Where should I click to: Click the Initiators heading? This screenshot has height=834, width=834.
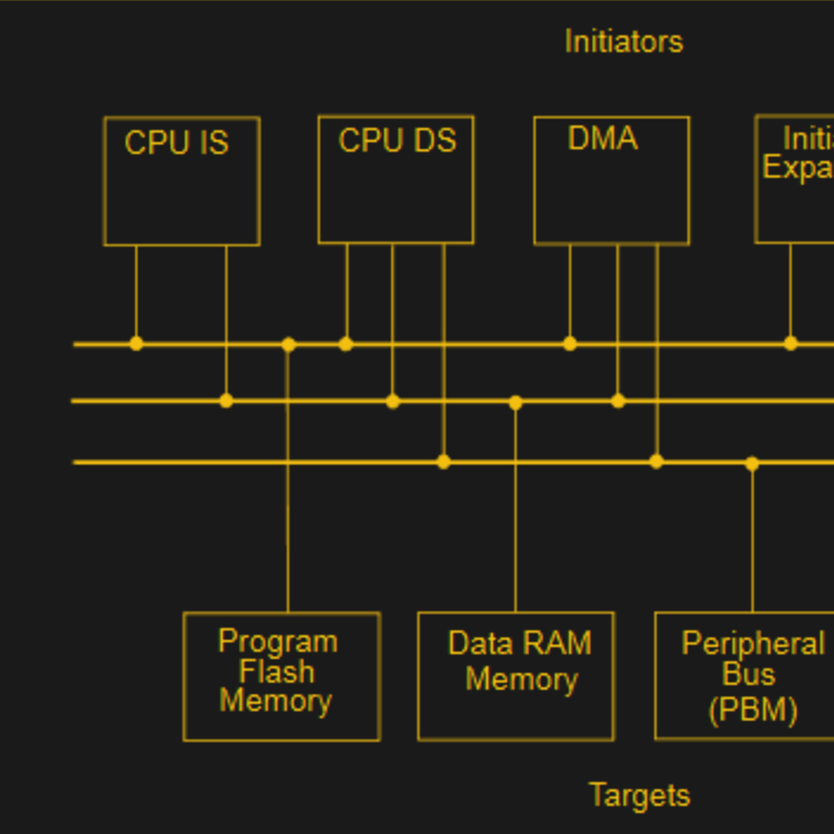pyautogui.click(x=623, y=42)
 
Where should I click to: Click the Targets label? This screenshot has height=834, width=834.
pyautogui.click(x=639, y=795)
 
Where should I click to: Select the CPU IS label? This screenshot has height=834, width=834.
pyautogui.click(x=177, y=143)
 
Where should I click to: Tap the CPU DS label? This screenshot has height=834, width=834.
pyautogui.click(x=397, y=141)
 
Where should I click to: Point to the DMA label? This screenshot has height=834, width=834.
pyautogui.click(x=603, y=138)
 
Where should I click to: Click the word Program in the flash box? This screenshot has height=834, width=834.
pyautogui.click(x=278, y=641)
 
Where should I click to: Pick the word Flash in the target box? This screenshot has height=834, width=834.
pyautogui.click(x=277, y=672)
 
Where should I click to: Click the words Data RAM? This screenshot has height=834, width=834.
pyautogui.click(x=520, y=644)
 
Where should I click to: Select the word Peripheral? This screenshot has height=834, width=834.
pyautogui.click(x=753, y=644)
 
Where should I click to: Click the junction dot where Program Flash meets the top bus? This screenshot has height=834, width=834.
pyautogui.click(x=288, y=344)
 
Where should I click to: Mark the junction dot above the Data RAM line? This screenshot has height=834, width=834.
pyautogui.click(x=515, y=402)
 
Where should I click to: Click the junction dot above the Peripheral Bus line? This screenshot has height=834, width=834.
pyautogui.click(x=752, y=464)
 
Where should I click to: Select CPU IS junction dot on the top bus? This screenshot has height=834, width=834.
pyautogui.click(x=136, y=343)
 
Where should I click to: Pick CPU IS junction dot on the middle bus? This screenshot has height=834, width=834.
pyautogui.click(x=226, y=400)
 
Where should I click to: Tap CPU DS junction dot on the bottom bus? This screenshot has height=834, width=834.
pyautogui.click(x=443, y=461)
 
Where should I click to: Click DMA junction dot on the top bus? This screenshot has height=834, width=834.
pyautogui.click(x=570, y=343)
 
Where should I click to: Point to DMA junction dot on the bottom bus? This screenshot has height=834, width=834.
pyautogui.click(x=656, y=461)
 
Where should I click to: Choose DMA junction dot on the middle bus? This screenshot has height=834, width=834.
pyautogui.click(x=618, y=401)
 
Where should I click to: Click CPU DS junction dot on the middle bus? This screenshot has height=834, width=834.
pyautogui.click(x=393, y=401)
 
